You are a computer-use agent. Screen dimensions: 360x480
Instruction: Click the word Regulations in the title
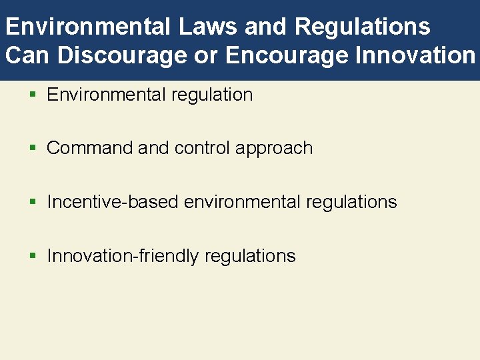pyautogui.click(x=362, y=27)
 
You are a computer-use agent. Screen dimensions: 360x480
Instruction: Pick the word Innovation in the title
pyautogui.click(x=415, y=55)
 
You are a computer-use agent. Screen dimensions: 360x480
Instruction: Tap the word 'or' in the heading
pyautogui.click(x=206, y=55)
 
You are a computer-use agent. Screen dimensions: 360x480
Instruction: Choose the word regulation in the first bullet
pyautogui.click(x=212, y=95)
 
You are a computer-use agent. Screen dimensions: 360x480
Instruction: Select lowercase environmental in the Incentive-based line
pyautogui.click(x=243, y=202)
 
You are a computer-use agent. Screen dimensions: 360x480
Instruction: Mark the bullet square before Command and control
pyautogui.click(x=33, y=149)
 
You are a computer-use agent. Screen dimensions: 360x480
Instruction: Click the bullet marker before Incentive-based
pyautogui.click(x=33, y=203)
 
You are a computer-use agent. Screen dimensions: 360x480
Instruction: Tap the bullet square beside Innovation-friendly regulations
pyautogui.click(x=33, y=257)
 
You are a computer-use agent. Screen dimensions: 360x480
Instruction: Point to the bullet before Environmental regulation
pyautogui.click(x=33, y=95)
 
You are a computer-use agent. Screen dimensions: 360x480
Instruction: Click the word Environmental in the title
pyautogui.click(x=87, y=27)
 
